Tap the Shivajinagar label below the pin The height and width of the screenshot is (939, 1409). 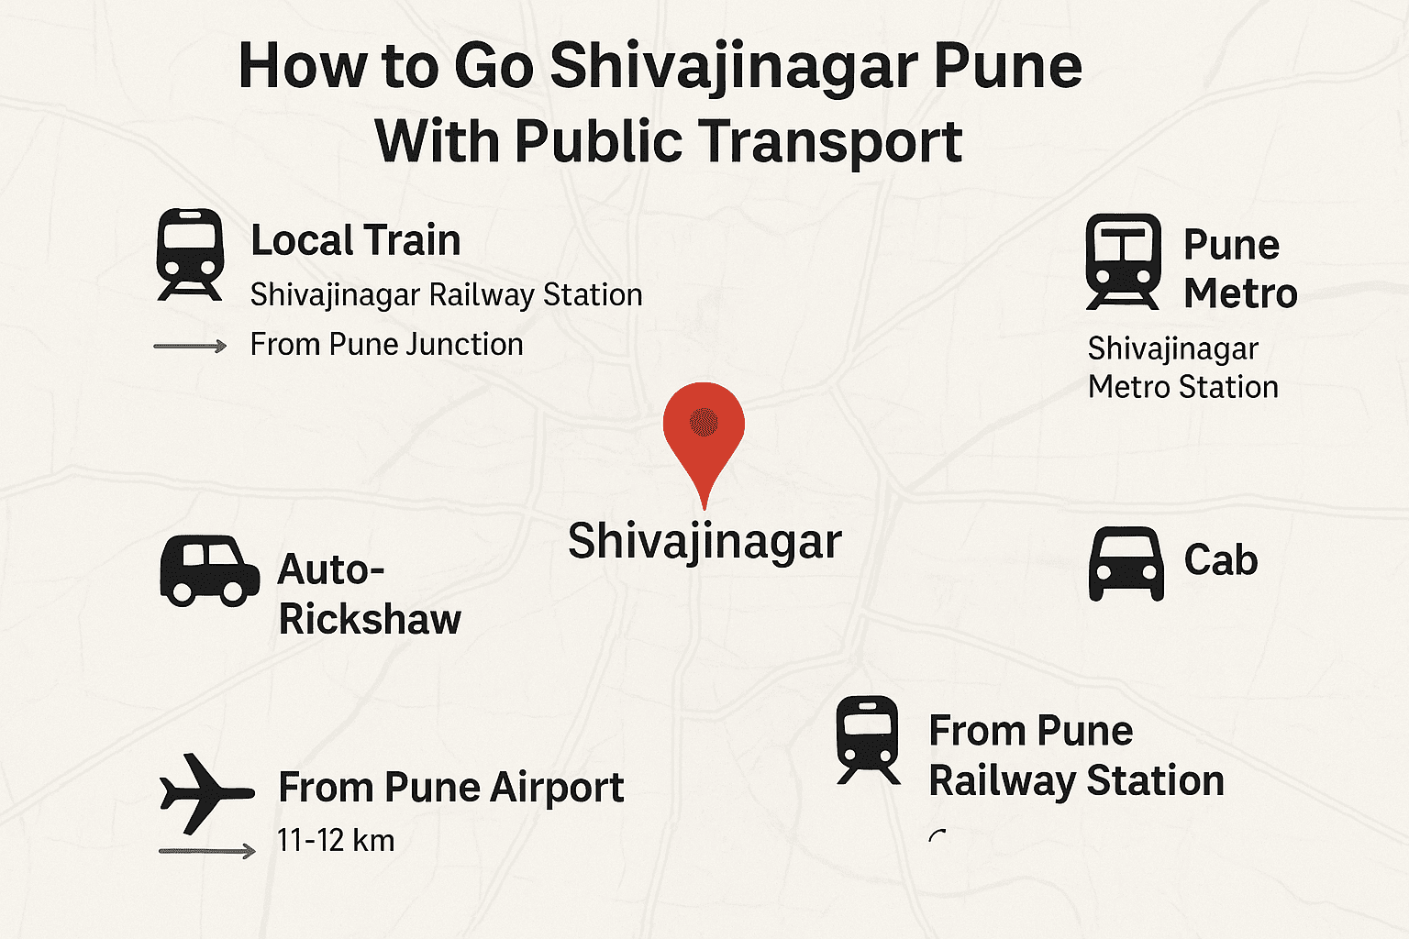coord(704,541)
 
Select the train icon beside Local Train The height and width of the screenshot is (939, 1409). coord(190,253)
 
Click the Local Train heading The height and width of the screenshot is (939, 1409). coord(355,240)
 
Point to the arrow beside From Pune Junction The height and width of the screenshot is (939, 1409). coord(190,346)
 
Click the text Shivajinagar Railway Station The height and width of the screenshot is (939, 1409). coord(446,295)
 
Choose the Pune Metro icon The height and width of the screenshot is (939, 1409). coord(1123,260)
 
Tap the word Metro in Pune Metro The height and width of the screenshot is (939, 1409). coord(1240,293)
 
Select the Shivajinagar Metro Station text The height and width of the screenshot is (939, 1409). coord(1182,368)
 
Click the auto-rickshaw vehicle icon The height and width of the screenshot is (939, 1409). coord(209,570)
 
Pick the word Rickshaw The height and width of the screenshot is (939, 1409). coord(370,619)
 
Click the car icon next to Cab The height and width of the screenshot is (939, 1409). coord(1126,563)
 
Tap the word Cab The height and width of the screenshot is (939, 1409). coord(1220,560)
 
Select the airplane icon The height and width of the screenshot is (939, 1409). coord(205,793)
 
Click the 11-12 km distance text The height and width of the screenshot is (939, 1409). coord(336,840)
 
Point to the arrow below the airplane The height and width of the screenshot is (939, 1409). coord(206,851)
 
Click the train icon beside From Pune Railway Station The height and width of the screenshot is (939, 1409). coord(867,739)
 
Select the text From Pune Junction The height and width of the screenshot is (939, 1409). coord(386,345)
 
